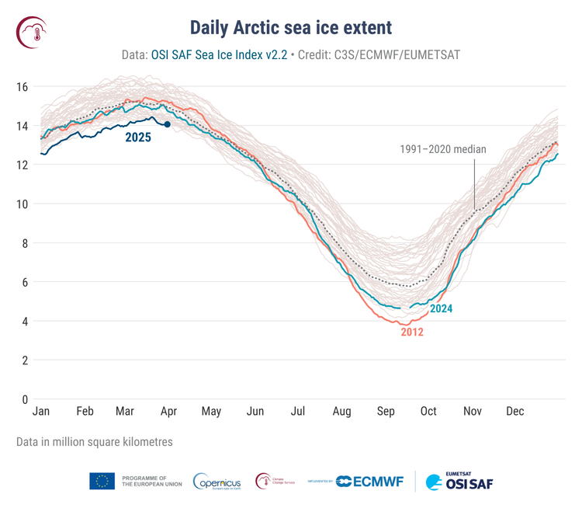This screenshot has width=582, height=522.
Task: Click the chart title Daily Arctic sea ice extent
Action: (x=291, y=28)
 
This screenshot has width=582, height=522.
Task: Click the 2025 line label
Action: (x=138, y=137)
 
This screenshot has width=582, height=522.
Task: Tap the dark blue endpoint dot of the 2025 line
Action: (x=167, y=124)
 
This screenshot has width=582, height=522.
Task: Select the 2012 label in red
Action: (x=412, y=332)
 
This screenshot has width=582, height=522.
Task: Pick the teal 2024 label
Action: (x=441, y=308)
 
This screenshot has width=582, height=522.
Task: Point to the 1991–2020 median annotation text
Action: (x=443, y=149)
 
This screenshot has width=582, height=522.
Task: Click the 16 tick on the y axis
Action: (x=23, y=87)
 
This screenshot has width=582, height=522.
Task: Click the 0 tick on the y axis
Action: (x=26, y=399)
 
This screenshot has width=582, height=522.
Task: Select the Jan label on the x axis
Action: (x=41, y=412)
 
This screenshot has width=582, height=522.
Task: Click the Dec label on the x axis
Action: (x=514, y=412)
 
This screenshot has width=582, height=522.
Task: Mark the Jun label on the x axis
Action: (x=255, y=412)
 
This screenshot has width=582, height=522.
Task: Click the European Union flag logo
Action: (x=102, y=482)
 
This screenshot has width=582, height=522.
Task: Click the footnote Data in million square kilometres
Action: (x=94, y=441)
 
